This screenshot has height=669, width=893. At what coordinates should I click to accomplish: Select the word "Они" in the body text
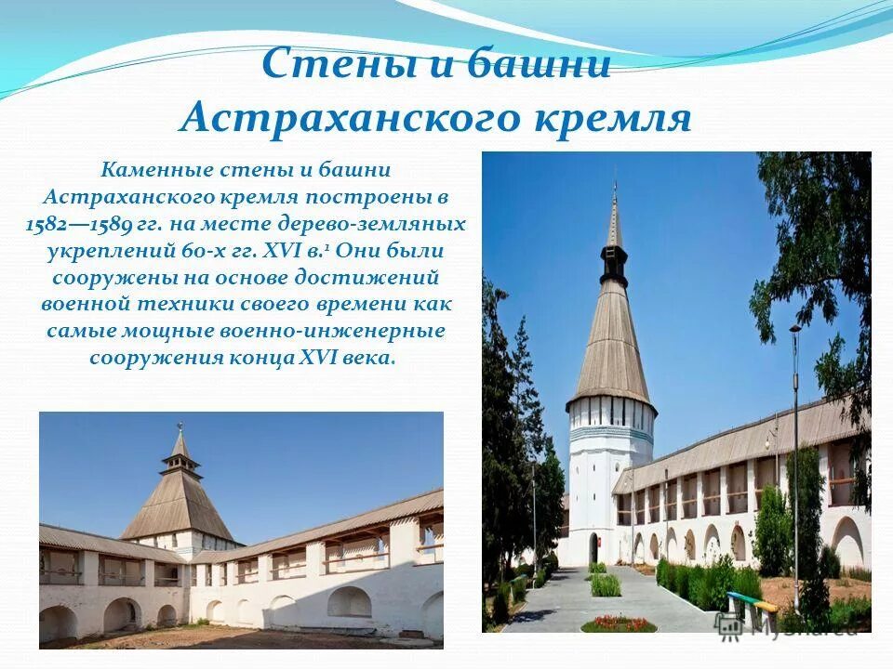(367, 251)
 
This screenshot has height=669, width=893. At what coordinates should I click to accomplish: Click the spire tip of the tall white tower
(614, 187)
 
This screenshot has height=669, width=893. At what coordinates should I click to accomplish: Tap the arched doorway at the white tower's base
(593, 547)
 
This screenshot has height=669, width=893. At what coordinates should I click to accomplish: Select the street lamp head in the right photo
(795, 329)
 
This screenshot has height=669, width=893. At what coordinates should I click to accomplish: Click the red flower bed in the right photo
(619, 622)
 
